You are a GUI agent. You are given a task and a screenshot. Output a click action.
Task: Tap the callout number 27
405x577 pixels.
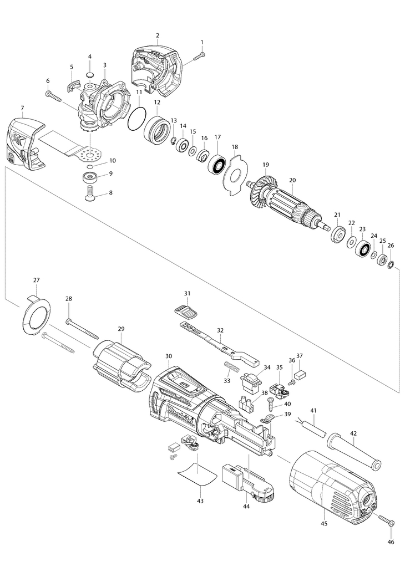coord(37,280)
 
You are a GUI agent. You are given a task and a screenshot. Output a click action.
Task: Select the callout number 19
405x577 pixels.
coord(266,165)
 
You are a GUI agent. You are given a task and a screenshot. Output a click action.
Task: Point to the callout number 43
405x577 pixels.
coord(200,501)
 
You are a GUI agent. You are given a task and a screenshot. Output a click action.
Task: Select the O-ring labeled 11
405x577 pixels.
coord(136,119)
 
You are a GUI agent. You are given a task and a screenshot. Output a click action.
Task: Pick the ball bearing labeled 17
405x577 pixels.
coord(216,164)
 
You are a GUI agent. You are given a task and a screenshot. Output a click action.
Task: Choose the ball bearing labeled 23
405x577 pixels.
coord(363,248)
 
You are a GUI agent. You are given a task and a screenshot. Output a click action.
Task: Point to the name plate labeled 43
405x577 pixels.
coord(197,473)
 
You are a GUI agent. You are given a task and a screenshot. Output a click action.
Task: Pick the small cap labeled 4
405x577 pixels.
coord(90,74)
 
